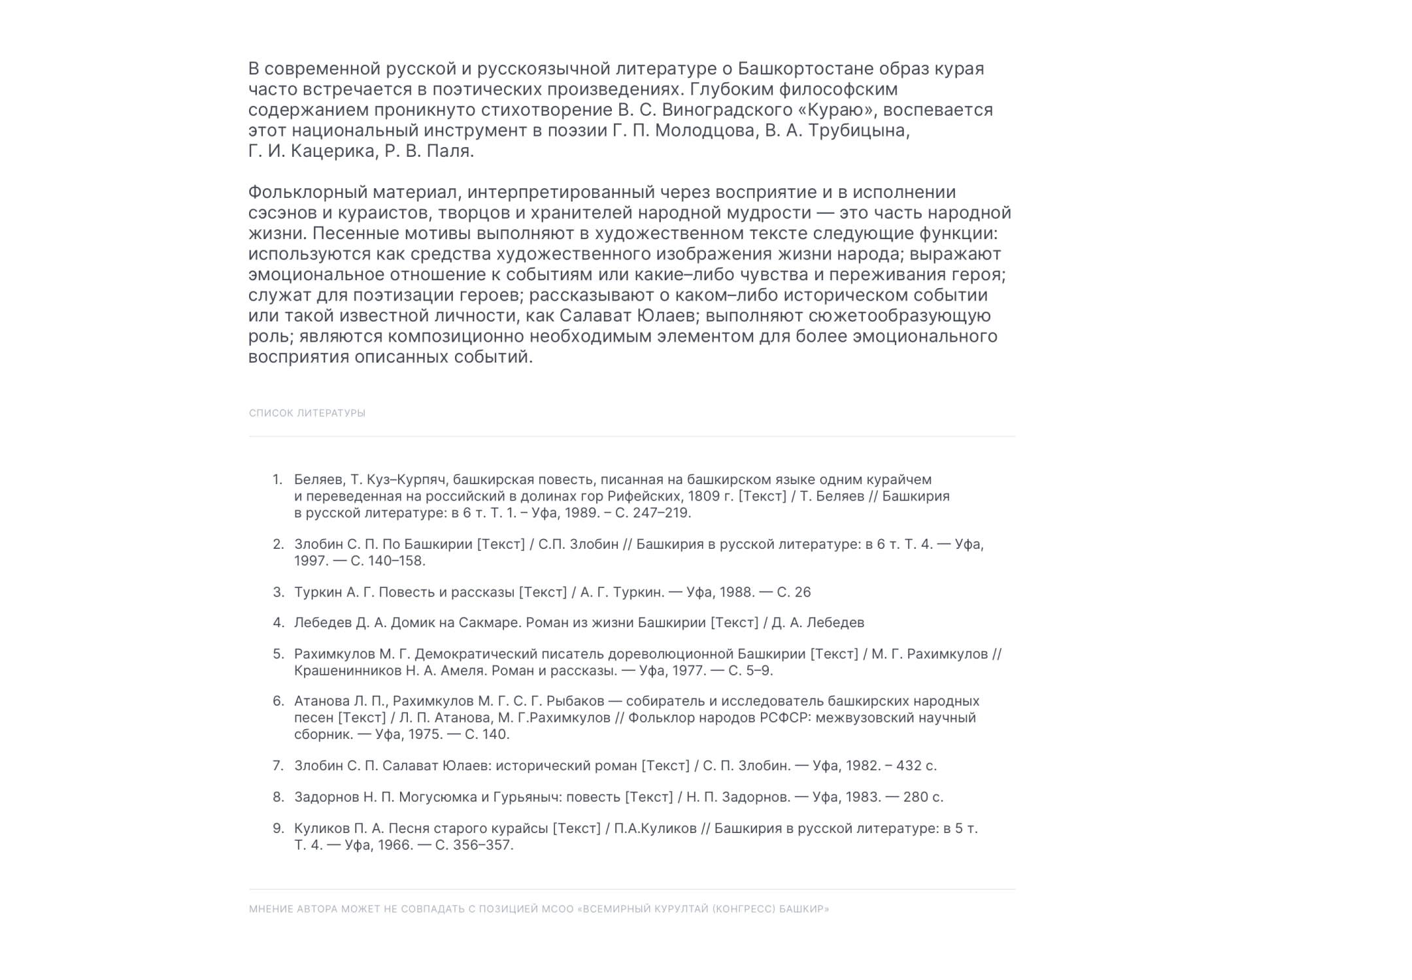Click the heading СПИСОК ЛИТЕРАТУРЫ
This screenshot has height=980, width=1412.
(307, 413)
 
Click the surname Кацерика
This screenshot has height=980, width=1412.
(333, 152)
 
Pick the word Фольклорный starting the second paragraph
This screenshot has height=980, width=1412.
(307, 193)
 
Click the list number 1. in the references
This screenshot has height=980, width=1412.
(277, 480)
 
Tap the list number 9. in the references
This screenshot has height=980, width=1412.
(277, 828)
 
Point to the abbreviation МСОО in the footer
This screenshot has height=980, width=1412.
(556, 909)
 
